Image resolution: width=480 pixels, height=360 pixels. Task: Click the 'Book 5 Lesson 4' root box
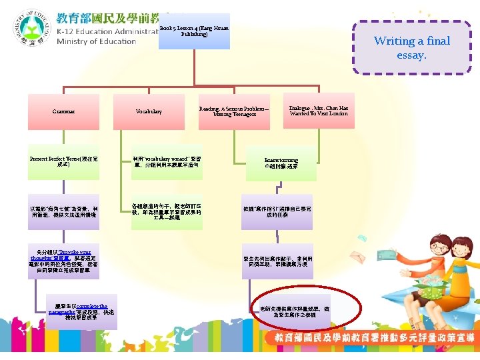pos(195,31)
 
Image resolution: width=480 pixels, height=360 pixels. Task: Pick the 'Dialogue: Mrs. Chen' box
pos(319,111)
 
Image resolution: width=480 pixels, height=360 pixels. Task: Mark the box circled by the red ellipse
pos(289,312)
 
